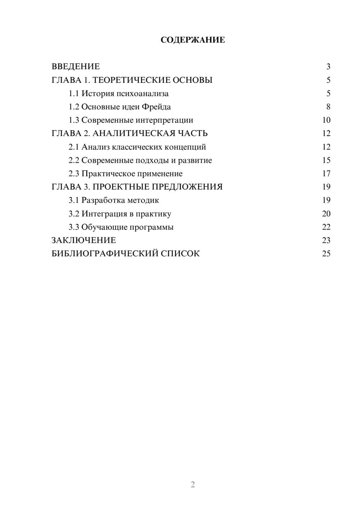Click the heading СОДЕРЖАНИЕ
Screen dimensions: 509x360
pos(193,40)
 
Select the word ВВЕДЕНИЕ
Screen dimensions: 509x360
pos(76,67)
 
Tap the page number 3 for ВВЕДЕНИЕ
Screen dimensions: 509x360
pos(328,67)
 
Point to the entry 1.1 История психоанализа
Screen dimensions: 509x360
pos(118,94)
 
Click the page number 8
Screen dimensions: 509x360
pos(328,107)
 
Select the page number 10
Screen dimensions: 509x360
pos(326,120)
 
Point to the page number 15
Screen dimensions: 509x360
pos(326,160)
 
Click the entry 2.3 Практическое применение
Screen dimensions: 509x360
pos(125,174)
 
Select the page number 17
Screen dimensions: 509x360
pos(326,174)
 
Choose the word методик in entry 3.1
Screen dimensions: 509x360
pos(143,200)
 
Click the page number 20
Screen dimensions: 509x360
pos(326,214)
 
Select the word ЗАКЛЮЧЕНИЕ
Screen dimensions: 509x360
pos(84,240)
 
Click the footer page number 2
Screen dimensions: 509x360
pos(193,485)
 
